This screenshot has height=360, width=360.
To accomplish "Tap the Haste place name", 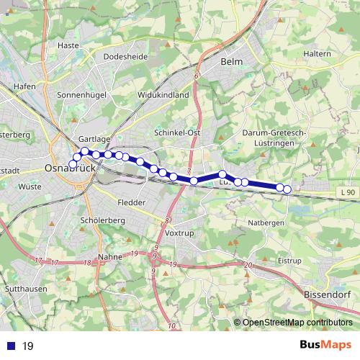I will tap(68, 45).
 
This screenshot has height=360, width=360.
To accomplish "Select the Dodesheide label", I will tap(125, 55).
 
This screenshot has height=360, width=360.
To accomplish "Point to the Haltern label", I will tap(317, 54).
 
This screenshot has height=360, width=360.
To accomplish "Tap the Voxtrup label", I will tap(180, 234).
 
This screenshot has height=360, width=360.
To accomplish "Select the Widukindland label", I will tap(163, 94).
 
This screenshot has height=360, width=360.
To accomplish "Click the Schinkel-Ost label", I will tap(177, 133).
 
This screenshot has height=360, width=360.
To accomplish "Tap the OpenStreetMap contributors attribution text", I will tap(297, 323).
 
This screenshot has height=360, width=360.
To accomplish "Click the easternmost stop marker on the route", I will tap(287, 189).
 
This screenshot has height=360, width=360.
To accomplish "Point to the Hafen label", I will tap(24, 86).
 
